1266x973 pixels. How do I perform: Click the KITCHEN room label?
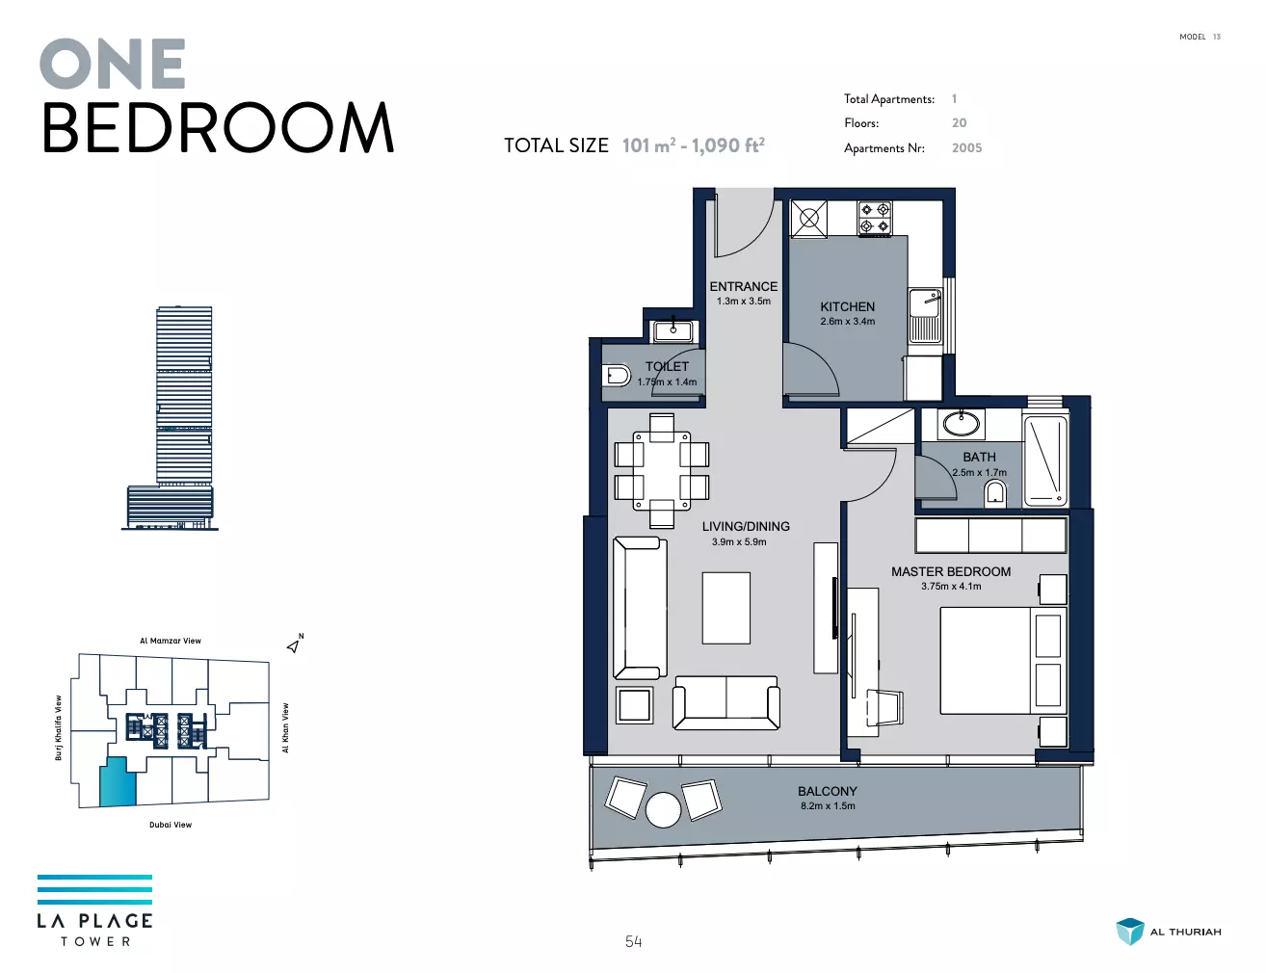tap(847, 307)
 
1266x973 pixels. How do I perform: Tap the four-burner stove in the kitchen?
tap(875, 218)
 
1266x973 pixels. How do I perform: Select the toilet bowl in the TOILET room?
tap(617, 376)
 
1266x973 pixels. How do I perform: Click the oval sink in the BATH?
tap(961, 424)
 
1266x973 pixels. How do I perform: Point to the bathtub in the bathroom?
tap(1045, 460)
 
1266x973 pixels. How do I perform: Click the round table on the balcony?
tap(663, 809)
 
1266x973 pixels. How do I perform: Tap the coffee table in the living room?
tap(725, 608)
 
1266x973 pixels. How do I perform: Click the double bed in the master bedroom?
tap(1003, 661)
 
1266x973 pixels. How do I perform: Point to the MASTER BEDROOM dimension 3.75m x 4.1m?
tap(951, 587)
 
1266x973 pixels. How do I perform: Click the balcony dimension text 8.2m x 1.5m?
tap(828, 806)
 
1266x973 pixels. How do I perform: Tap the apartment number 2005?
tap(966, 148)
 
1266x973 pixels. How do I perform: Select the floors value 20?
tap(959, 123)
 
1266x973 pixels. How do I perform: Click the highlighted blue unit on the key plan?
tap(119, 782)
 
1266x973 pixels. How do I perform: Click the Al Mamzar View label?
tap(171, 641)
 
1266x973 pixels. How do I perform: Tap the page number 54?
tap(633, 941)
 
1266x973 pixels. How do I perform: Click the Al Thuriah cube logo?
tap(1130, 931)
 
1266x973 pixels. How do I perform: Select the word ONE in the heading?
tap(113, 64)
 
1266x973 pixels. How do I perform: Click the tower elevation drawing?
tap(171, 418)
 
